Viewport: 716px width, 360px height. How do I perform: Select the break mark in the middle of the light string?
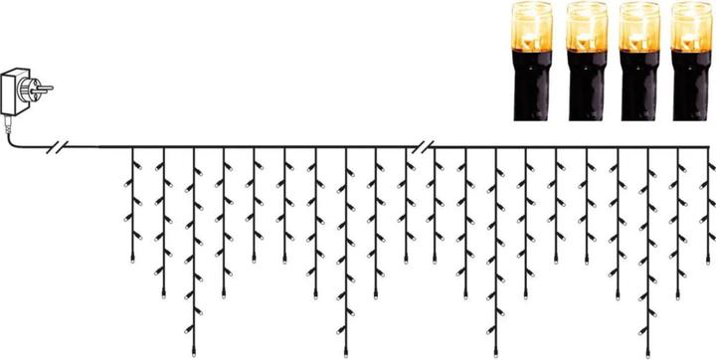[425, 148]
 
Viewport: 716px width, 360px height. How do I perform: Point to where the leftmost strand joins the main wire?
[132, 149]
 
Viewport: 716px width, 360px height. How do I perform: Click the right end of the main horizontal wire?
[713, 149]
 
